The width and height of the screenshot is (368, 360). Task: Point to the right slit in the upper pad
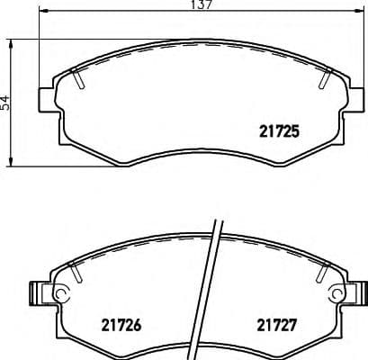coord(321,80)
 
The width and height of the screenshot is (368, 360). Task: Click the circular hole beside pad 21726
coord(60,292)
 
